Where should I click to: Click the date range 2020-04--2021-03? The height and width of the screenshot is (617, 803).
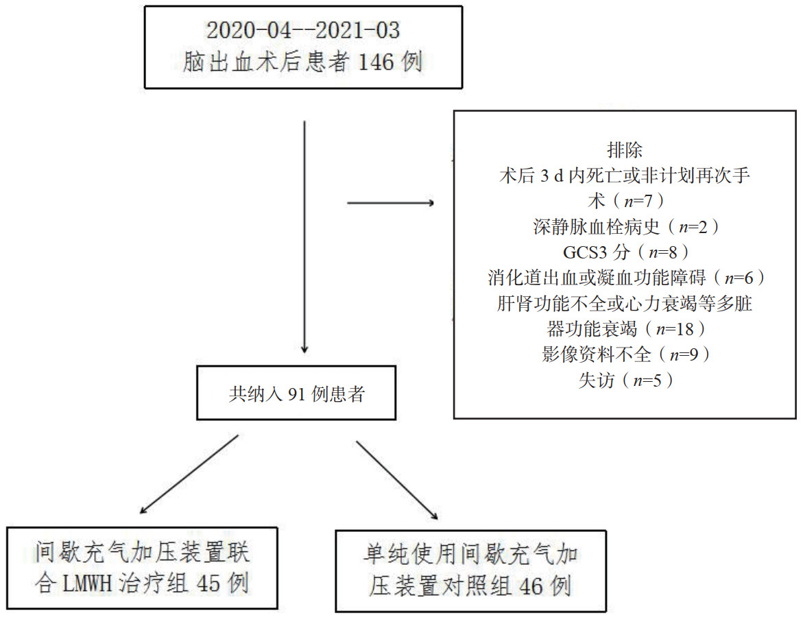(x=303, y=31)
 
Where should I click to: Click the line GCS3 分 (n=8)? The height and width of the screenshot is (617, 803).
(x=625, y=252)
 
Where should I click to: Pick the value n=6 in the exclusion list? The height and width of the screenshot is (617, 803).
(x=740, y=278)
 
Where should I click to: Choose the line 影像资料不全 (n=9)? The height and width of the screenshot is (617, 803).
(x=625, y=354)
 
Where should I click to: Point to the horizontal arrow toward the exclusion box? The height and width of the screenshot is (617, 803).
(x=389, y=203)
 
